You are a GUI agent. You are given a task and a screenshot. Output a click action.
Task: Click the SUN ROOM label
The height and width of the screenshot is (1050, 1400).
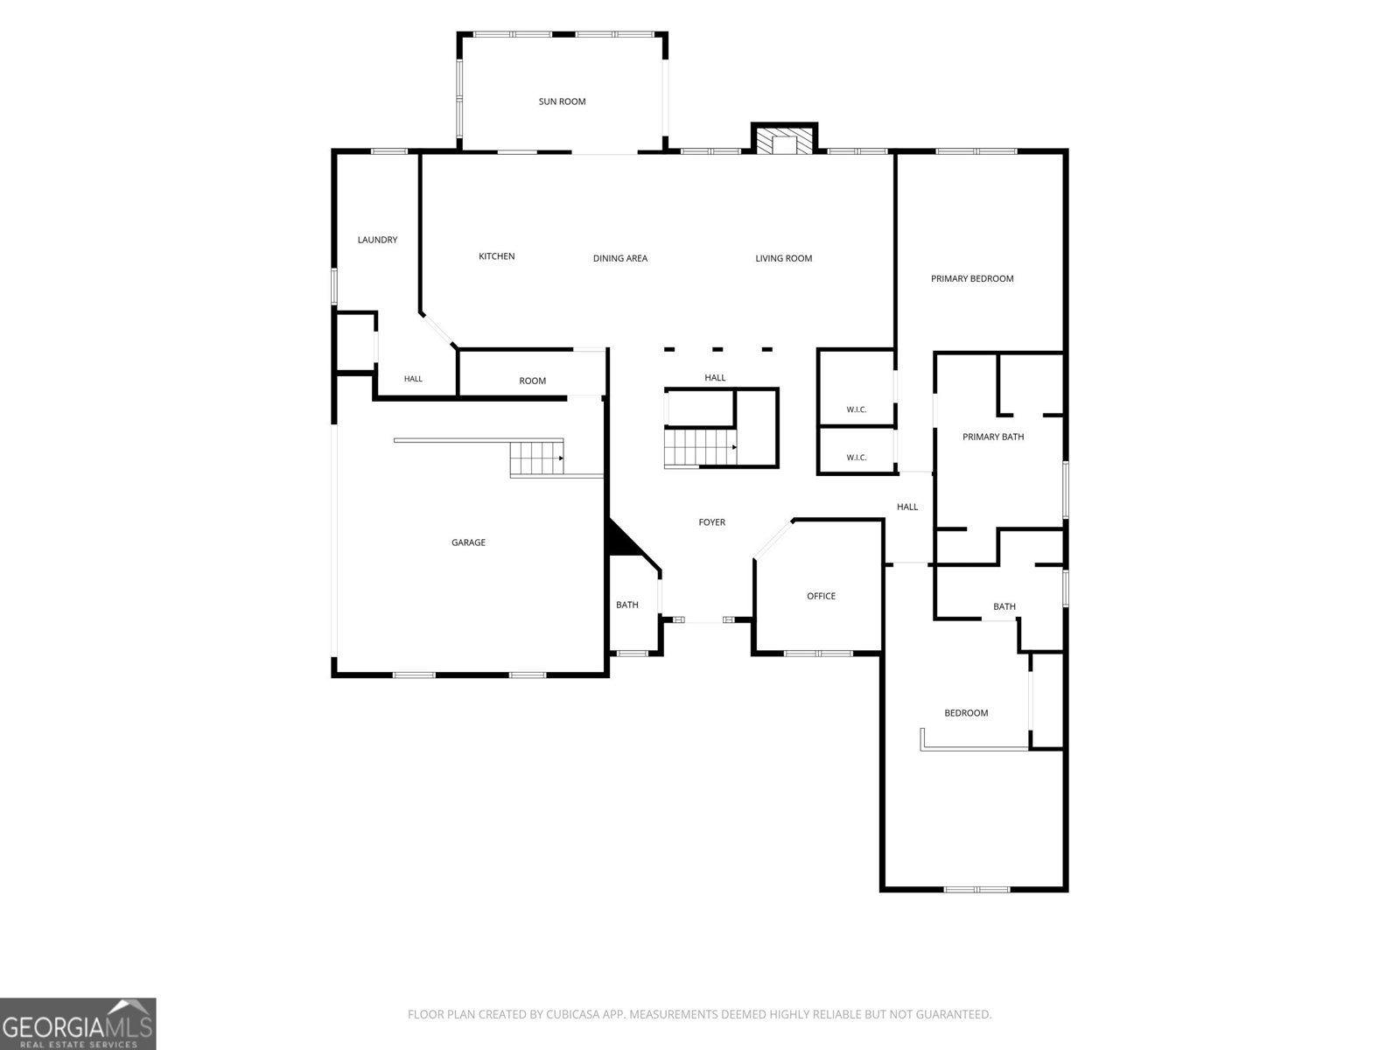562,101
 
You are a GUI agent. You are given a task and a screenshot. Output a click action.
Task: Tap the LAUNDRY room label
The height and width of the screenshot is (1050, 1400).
377,240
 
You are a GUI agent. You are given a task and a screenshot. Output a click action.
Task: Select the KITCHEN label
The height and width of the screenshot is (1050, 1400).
496,256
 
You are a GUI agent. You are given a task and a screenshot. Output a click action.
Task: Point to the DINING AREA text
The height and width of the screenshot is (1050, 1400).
620,258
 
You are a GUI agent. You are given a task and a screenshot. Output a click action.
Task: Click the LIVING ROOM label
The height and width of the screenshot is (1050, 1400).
783,258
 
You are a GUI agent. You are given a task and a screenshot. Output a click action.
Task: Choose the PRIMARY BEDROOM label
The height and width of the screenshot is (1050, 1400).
972,278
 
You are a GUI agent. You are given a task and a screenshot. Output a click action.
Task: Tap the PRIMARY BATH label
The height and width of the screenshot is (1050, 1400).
993,437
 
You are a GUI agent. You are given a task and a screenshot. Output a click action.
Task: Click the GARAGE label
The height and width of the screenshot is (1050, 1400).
468,542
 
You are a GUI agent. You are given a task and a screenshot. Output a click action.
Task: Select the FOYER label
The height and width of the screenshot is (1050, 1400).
711,522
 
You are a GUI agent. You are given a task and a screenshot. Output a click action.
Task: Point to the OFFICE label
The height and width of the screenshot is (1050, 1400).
821,596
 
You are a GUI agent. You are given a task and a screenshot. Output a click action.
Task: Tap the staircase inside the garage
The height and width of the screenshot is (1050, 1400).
536,458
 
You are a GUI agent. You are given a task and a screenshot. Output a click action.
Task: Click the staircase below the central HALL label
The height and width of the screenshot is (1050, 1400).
700,447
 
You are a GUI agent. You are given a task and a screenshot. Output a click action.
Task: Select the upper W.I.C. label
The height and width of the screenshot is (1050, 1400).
856,409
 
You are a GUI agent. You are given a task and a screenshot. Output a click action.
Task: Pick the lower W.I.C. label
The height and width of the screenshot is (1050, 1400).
856,457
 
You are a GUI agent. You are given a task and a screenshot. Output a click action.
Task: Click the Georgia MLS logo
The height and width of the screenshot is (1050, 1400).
78,1023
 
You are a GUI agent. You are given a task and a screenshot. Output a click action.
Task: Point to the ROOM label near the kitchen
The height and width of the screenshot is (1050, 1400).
532,381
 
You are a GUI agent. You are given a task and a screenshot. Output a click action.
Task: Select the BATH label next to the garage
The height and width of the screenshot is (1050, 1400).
627,605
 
